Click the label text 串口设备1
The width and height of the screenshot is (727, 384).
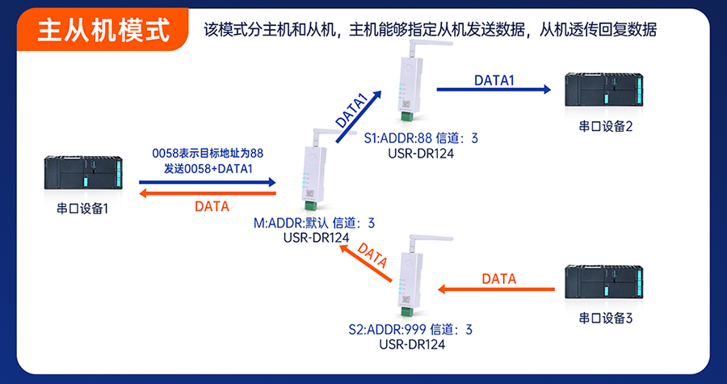[82, 208]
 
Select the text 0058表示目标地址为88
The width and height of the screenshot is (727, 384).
[208, 152]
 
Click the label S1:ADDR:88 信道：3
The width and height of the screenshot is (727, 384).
[421, 138]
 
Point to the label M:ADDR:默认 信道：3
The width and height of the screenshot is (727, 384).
[314, 222]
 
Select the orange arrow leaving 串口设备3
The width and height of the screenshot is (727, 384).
[498, 289]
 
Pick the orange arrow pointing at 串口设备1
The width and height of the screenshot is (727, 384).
[206, 194]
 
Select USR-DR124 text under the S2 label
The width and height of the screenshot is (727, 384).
[411, 344]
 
